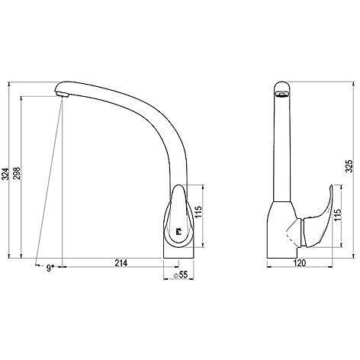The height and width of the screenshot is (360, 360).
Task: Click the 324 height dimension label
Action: pos(6,174)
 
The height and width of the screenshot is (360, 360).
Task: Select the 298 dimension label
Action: pos(17,173)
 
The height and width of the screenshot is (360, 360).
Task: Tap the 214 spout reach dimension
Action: pos(121,263)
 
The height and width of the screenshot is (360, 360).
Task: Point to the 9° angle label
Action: pos(50,268)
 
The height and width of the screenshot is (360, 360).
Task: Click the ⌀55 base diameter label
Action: pos(180,275)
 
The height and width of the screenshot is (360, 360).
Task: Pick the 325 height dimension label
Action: pos(349,166)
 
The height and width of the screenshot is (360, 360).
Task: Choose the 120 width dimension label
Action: pos(300,263)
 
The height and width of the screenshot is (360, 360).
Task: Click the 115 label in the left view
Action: pos(198,211)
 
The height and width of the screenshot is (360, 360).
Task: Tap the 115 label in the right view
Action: pos(337,215)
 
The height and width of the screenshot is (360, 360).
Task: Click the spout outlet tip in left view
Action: pos(62,95)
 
